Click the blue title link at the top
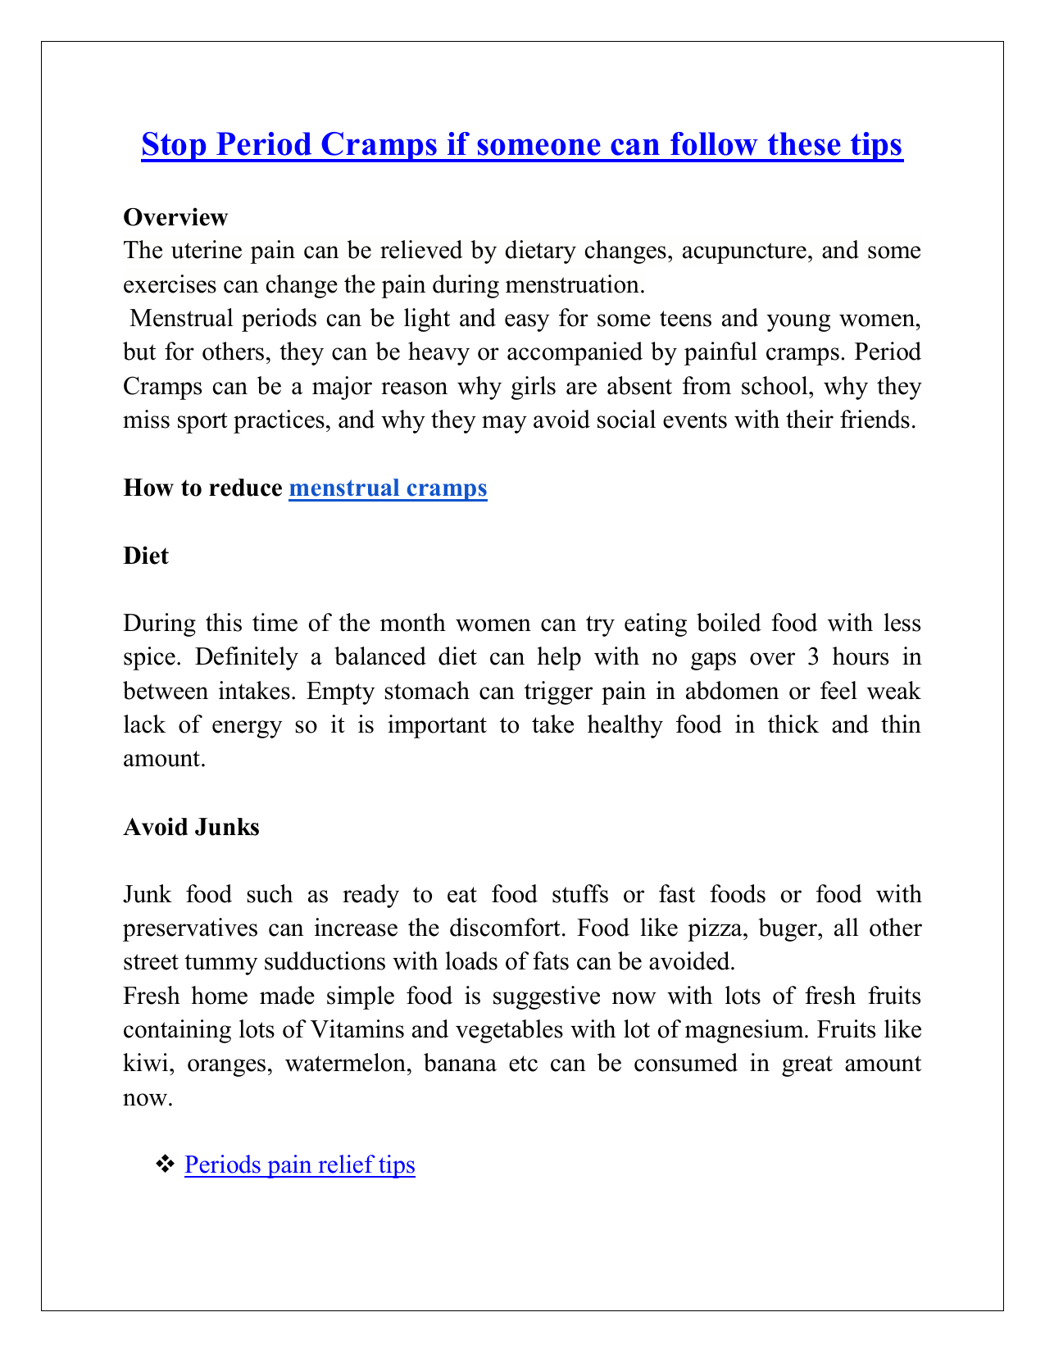coord(522,145)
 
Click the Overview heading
coord(175,217)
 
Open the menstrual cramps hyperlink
coord(388,488)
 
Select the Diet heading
coord(146,556)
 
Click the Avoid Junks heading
coord(191,827)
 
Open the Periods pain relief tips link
coord(300,1165)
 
